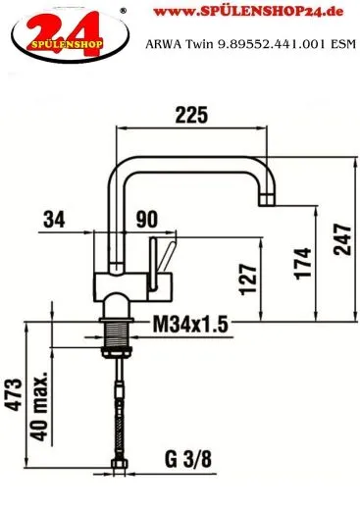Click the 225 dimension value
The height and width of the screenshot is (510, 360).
click(191, 114)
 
